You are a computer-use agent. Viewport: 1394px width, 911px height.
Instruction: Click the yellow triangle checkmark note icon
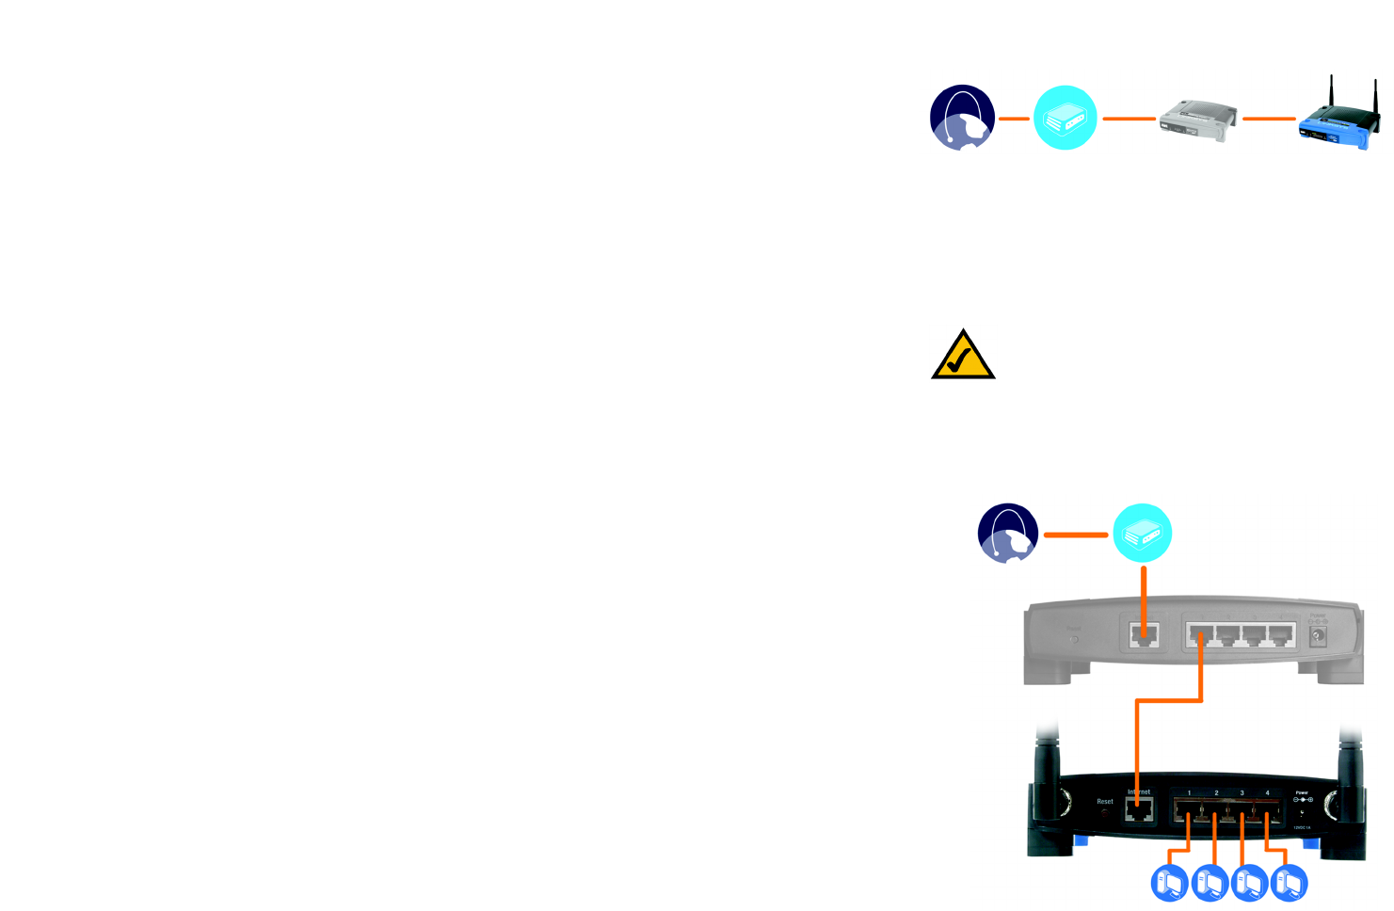(963, 357)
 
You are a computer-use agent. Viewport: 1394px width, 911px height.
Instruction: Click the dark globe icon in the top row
(962, 118)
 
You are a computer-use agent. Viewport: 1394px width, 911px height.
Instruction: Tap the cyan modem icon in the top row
(1066, 118)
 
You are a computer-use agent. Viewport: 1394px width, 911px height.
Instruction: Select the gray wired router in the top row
(1197, 120)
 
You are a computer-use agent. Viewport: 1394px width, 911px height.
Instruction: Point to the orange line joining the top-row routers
(1269, 119)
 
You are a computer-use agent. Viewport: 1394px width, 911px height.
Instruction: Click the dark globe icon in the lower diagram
(1008, 533)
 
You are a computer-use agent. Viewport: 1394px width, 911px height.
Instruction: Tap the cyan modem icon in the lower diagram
(1143, 533)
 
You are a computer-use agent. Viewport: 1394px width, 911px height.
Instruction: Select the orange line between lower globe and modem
(1076, 535)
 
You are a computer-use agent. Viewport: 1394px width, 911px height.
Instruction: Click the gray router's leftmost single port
(1143, 635)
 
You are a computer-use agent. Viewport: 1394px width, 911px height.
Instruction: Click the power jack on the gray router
(1318, 636)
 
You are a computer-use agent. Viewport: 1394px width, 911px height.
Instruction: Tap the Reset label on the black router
(1105, 802)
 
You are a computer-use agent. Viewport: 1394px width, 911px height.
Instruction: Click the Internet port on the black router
(1139, 811)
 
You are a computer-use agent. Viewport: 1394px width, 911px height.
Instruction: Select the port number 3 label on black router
(1242, 793)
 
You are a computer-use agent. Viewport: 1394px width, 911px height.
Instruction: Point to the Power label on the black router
(1302, 792)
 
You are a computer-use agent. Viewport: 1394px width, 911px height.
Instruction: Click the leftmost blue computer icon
(1170, 883)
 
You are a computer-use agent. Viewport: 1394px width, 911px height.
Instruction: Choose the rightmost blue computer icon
(1289, 883)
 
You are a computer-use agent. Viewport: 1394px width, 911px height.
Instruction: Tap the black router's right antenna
(1351, 772)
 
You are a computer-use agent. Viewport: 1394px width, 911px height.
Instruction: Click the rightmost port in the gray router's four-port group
(1280, 635)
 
